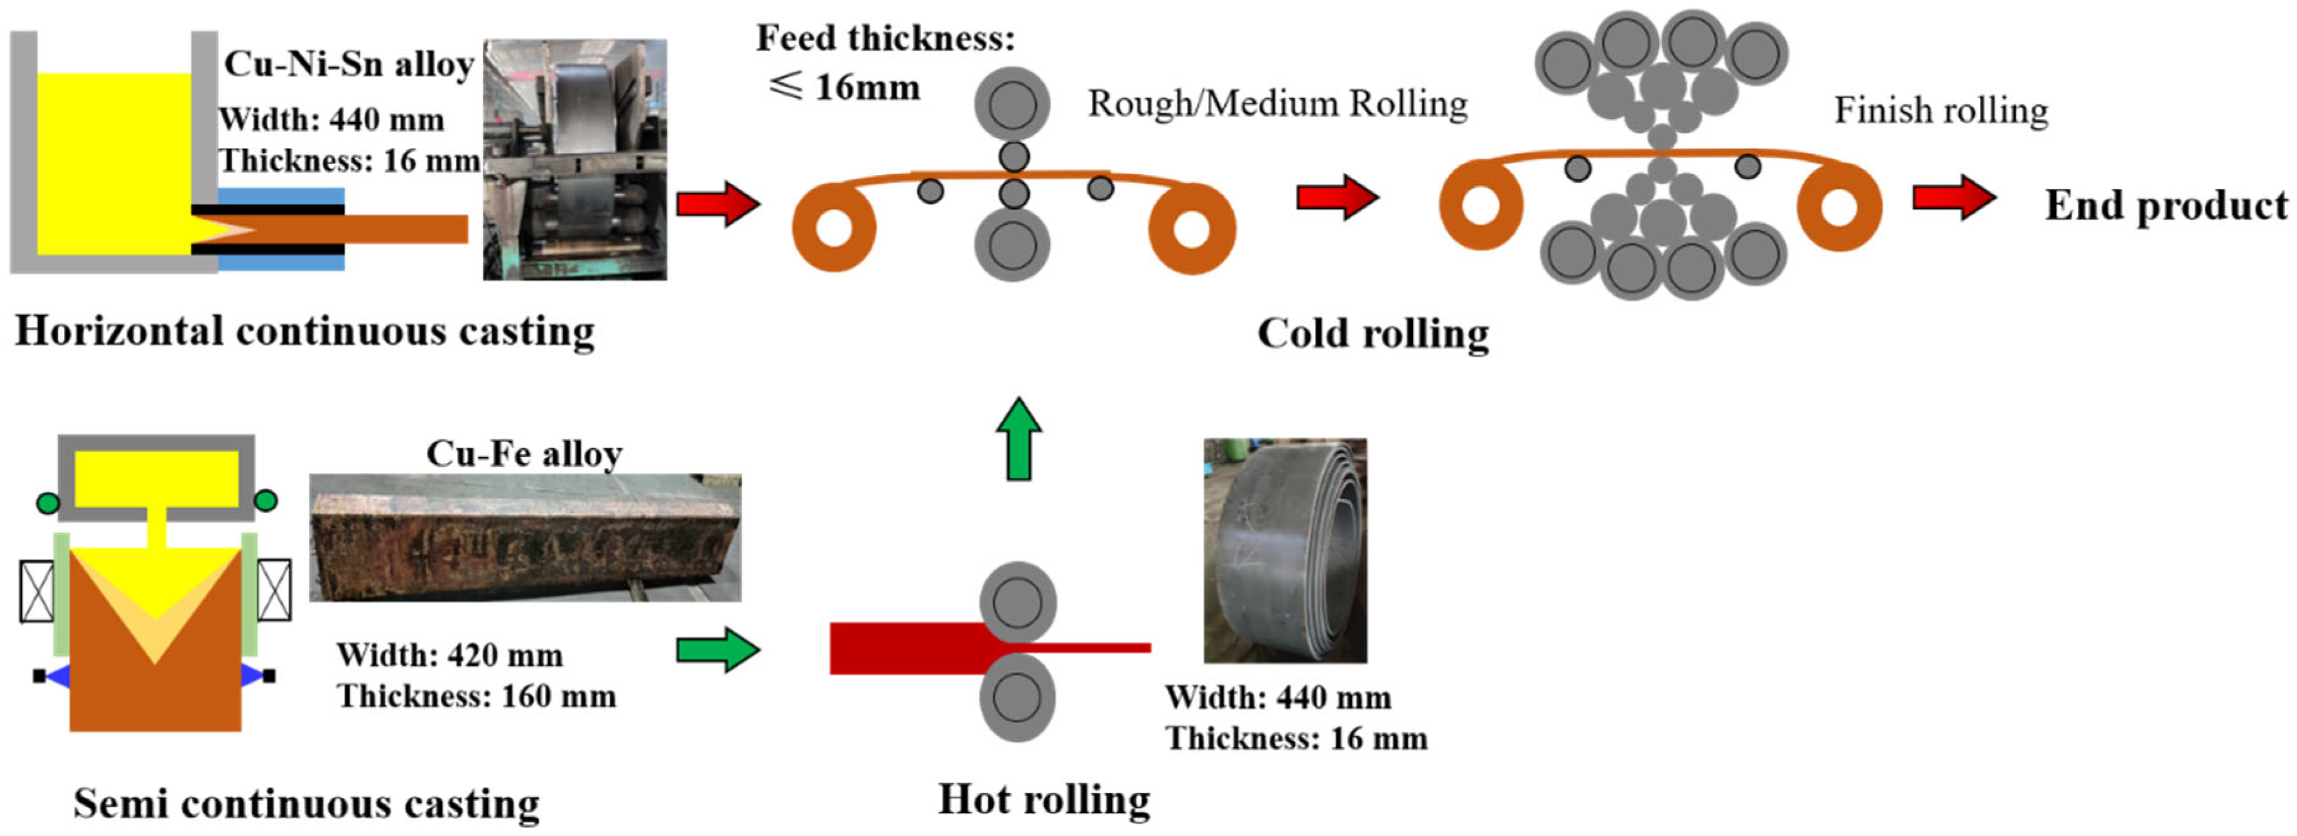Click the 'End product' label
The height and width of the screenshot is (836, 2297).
point(2165,205)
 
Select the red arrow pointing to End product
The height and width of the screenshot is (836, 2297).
point(1953,197)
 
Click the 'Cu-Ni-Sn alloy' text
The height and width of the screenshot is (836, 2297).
point(349,64)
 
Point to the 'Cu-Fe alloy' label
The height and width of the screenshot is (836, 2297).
point(523,454)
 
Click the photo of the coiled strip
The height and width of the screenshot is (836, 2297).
point(1284,550)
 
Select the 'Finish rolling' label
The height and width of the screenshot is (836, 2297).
point(1940,111)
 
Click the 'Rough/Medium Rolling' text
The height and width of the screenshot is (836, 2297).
point(1277,103)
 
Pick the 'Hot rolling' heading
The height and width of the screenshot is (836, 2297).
point(1043,799)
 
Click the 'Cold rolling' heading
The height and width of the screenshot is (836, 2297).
point(1373,333)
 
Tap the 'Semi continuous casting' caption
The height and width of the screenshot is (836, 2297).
point(306,803)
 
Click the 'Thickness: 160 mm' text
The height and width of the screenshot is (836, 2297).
point(476,696)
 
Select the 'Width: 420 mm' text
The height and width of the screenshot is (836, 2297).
point(449,655)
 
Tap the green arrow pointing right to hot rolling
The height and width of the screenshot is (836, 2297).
point(717,649)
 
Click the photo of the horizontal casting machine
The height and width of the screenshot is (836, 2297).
point(574,160)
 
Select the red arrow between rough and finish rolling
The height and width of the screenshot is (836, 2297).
point(1336,197)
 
